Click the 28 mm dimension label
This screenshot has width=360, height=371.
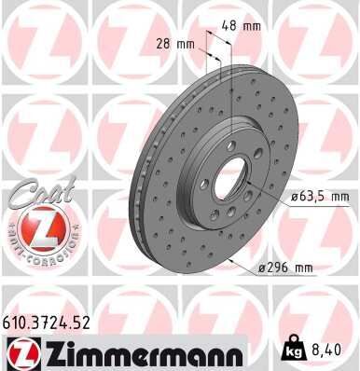[175, 43]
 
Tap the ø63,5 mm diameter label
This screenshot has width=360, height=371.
[320, 197]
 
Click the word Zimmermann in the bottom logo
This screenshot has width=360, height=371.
[140, 351]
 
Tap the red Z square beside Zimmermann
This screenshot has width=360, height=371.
[20, 351]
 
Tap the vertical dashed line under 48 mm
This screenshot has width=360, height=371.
[228, 75]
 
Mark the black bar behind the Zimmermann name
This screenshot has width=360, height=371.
[140, 351]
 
